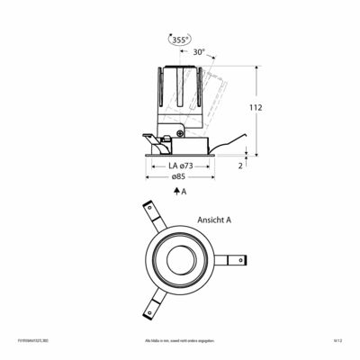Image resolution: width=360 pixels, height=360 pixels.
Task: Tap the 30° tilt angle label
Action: pos(198,53)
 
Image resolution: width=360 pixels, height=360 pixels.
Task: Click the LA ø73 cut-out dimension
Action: pos(180,166)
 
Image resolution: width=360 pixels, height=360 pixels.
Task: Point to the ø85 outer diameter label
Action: pos(180,178)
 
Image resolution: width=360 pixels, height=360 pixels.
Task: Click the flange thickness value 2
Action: pos(240,166)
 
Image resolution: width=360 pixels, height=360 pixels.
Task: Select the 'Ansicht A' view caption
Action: pos(214,219)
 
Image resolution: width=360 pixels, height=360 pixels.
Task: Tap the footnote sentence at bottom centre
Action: pos(180,342)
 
